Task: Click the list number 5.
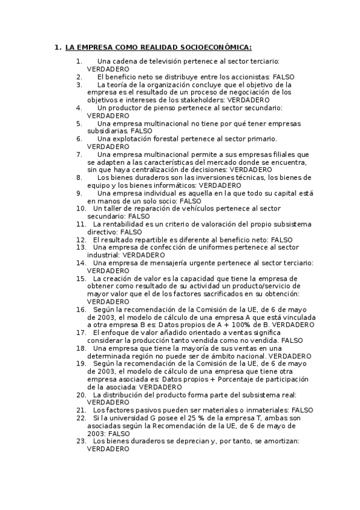point(79,123)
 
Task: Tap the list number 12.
point(80,239)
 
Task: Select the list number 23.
point(80,441)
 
